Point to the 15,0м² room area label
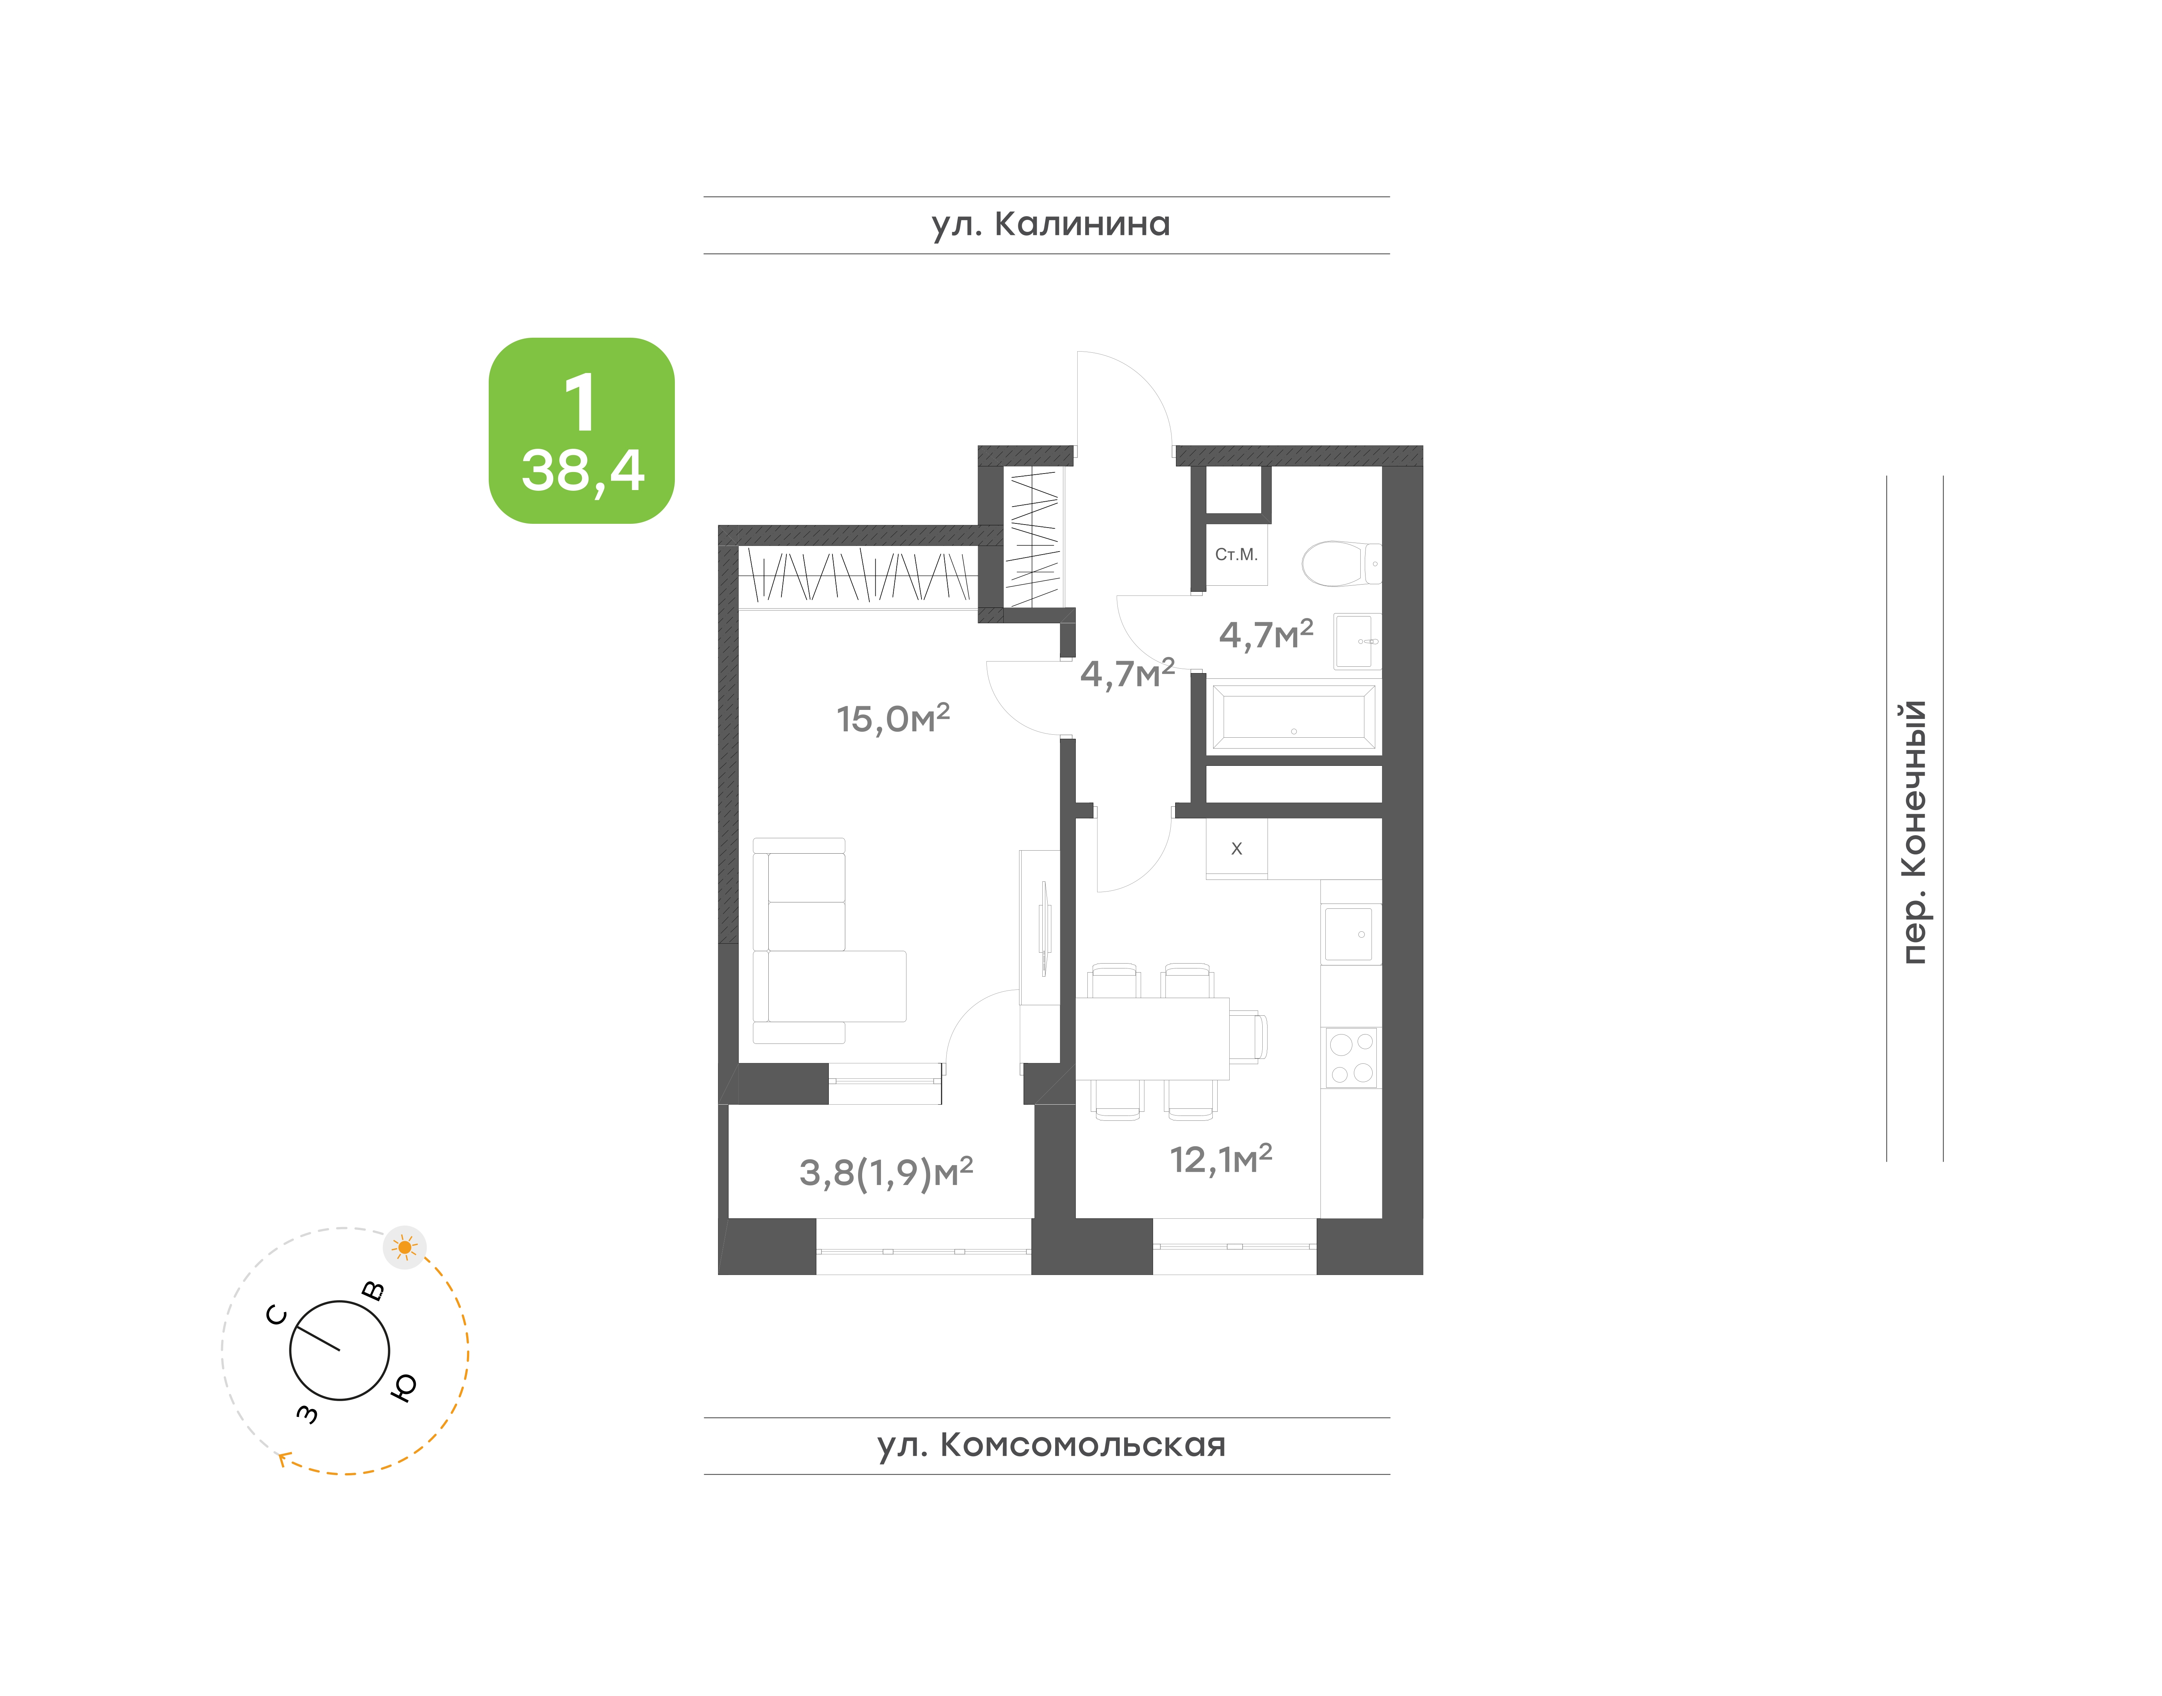pos(893,718)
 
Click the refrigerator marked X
pos(1236,849)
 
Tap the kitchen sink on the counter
pos(1349,934)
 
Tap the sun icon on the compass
pos(404,1247)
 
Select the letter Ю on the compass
pos(403,1387)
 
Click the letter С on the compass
pos(277,1316)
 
